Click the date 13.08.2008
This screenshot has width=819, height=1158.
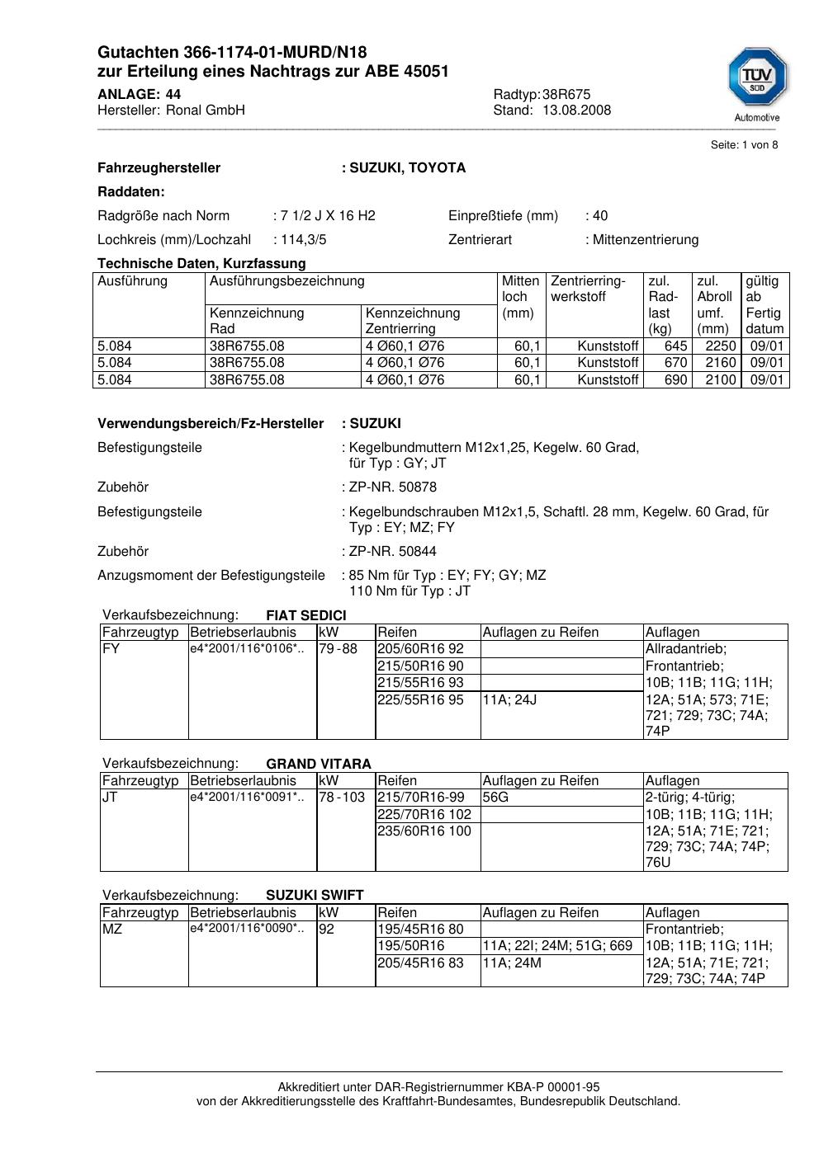click(576, 111)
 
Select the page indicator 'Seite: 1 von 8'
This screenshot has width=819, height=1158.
click(744, 145)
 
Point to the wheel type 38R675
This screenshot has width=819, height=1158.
click(566, 94)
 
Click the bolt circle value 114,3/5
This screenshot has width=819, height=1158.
click(303, 240)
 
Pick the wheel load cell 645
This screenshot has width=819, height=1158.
click(675, 346)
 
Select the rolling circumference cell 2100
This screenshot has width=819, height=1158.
click(720, 380)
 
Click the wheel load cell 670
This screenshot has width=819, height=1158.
click(675, 363)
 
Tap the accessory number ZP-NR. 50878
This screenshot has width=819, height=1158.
click(392, 487)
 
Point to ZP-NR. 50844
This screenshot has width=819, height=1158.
click(392, 552)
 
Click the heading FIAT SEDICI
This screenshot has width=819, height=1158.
click(306, 616)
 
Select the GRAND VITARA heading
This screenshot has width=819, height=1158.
click(319, 765)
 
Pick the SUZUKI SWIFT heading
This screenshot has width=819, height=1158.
click(315, 896)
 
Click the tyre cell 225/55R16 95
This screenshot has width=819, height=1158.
click(420, 700)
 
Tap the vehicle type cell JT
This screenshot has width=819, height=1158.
click(110, 798)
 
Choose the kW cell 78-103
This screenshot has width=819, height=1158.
click(342, 798)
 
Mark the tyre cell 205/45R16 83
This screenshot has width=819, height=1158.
click(420, 963)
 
